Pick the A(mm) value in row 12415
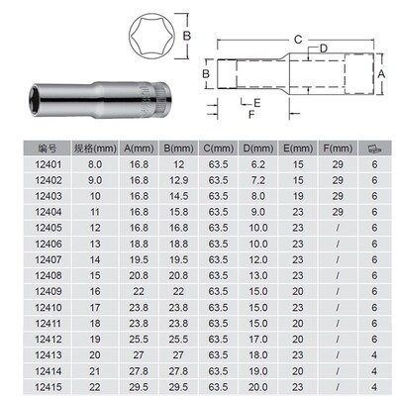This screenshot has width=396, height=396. pyautogui.click(x=137, y=385)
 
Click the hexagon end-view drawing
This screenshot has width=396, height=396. pyautogui.click(x=147, y=39)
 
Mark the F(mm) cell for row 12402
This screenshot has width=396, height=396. pyautogui.click(x=338, y=180)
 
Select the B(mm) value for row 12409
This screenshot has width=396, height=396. pyautogui.click(x=178, y=290)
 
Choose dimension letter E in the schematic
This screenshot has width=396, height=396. pyautogui.click(x=255, y=102)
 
